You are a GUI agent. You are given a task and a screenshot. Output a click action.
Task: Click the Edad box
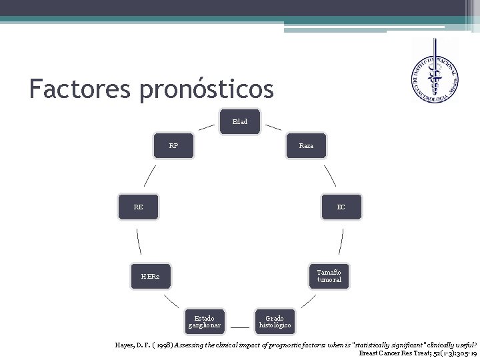coord(240,122)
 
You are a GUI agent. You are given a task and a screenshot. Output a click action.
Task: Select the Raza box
coord(306,145)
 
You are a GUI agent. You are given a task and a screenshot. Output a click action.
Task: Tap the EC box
coord(341,207)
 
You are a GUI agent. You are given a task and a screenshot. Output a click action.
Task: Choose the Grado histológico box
coord(274,322)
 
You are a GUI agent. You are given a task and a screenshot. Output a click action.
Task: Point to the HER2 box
coord(151,276)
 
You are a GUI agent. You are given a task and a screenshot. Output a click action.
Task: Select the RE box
coord(138,207)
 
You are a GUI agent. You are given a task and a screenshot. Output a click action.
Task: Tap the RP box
coord(173,145)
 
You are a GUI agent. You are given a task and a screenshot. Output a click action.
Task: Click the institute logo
coord(435,72)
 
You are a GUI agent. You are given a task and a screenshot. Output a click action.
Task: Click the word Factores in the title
coord(79,88)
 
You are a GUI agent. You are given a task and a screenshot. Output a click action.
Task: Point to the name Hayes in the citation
coord(126,343)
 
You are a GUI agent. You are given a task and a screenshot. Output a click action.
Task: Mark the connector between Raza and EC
coord(329,175)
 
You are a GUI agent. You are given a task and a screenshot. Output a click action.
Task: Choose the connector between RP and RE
coord(150,176)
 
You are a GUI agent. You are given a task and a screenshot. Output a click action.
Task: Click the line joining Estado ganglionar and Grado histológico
coord(239,327)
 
